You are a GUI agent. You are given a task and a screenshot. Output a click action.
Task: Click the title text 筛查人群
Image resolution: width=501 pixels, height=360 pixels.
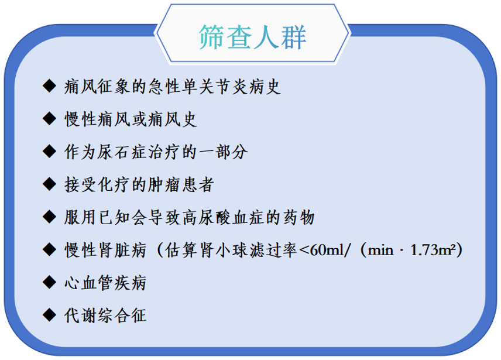[252, 37]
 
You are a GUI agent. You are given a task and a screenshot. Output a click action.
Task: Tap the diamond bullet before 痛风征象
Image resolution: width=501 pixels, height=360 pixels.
[50, 86]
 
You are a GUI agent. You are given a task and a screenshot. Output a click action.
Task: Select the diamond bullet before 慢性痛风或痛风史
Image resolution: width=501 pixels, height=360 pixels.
[50, 119]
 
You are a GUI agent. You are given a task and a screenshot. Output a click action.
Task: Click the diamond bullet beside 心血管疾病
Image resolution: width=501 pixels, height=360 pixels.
[50, 282]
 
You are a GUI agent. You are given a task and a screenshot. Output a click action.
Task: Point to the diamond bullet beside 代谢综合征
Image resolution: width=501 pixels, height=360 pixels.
[50, 315]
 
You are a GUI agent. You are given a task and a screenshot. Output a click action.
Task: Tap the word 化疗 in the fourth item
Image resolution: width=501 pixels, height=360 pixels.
[114, 184]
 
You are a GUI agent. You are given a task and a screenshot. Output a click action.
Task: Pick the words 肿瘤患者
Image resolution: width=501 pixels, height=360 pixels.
[181, 184]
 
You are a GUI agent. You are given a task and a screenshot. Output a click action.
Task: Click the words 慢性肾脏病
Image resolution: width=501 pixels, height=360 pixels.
[105, 250]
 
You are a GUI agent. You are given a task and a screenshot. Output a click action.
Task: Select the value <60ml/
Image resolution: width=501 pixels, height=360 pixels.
[325, 250]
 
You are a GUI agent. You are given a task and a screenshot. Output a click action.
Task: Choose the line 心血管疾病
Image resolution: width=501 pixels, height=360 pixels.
[105, 283]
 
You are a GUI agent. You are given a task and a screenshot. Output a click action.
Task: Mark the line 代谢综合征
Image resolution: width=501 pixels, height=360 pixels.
[105, 316]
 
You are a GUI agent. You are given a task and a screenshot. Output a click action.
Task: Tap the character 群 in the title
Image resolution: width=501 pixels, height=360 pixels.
[294, 37]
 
